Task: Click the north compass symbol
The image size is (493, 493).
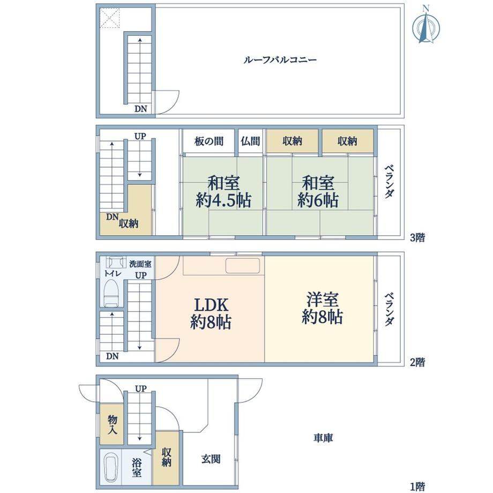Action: pyautogui.click(x=425, y=26)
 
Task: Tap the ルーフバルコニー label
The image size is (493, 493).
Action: pyautogui.click(x=280, y=59)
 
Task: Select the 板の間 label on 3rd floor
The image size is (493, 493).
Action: pyautogui.click(x=209, y=141)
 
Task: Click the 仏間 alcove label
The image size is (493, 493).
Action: pyautogui.click(x=250, y=141)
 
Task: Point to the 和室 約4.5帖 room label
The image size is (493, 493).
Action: pyautogui.click(x=223, y=191)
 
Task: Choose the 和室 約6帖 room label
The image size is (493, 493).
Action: pyautogui.click(x=318, y=191)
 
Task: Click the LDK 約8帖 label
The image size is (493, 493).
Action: pyautogui.click(x=211, y=313)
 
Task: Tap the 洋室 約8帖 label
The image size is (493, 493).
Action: pyautogui.click(x=322, y=308)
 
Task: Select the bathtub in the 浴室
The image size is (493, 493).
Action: pyautogui.click(x=111, y=466)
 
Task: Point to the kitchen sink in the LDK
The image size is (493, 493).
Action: pyautogui.click(x=243, y=266)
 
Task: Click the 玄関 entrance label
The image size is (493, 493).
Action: pyautogui.click(x=211, y=459)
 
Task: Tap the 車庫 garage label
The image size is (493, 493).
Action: pyautogui.click(x=323, y=438)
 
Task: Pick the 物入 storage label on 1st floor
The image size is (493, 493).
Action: pyautogui.click(x=112, y=424)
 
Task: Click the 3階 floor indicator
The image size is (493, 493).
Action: pyautogui.click(x=417, y=238)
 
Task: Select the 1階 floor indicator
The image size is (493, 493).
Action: pyautogui.click(x=417, y=487)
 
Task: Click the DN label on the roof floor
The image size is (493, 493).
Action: pyautogui.click(x=140, y=109)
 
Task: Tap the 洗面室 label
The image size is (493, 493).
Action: pyautogui.click(x=140, y=264)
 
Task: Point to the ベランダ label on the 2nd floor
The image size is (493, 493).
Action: pyautogui.click(x=389, y=309)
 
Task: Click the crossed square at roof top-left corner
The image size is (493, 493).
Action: pyautogui.click(x=110, y=18)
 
